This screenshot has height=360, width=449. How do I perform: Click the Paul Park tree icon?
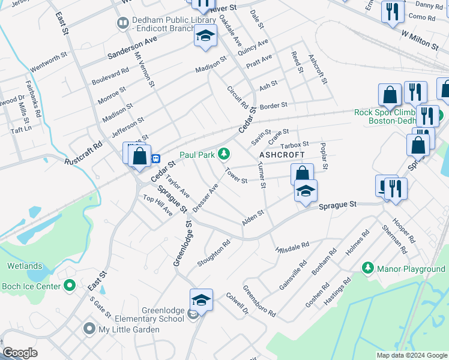pyautogui.click(x=224, y=155)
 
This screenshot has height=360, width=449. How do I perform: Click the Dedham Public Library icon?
pyautogui.click(x=123, y=23)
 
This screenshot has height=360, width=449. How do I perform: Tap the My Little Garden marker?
pyautogui.click(x=89, y=328)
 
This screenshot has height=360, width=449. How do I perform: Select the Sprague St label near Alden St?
pyautogui.click(x=337, y=205)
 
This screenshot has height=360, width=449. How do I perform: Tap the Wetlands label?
pyautogui.click(x=25, y=266)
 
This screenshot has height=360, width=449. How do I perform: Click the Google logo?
pyautogui.click(x=20, y=353)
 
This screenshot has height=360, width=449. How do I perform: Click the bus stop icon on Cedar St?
pyautogui.click(x=156, y=158)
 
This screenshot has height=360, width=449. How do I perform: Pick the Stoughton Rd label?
pyautogui.click(x=214, y=254)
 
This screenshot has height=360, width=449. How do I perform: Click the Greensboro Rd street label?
pyautogui.click(x=259, y=301)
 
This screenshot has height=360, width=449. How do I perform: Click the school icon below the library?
pyautogui.click(x=205, y=37)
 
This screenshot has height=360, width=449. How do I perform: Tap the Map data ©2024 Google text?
pyautogui.click(x=411, y=355)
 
